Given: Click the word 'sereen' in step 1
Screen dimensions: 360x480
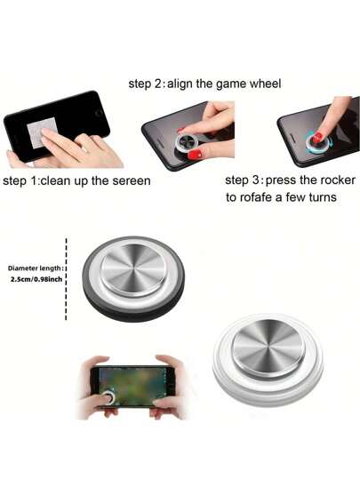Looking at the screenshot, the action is coord(132,181).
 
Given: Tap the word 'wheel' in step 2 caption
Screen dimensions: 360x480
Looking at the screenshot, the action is coord(265,84).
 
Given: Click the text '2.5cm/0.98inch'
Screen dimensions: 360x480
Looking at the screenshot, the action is coord(36,279).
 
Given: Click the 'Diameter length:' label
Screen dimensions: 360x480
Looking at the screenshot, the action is coord(36,268).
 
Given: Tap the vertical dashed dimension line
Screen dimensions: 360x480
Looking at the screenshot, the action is coord(66,279).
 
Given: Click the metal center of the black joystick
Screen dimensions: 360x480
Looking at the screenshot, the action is coord(133,270).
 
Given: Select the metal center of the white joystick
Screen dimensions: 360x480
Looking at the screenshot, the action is coord(268,347).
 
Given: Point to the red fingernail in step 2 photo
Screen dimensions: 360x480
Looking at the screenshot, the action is coord(195,155).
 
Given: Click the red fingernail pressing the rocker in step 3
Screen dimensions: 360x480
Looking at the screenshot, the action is coord(317,138).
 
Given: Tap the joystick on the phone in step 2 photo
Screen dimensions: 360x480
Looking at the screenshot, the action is coord(185,143).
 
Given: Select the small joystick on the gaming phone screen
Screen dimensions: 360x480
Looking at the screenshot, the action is coord(108,396).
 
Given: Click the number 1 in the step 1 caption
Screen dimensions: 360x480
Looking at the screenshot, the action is coord(34,181).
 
